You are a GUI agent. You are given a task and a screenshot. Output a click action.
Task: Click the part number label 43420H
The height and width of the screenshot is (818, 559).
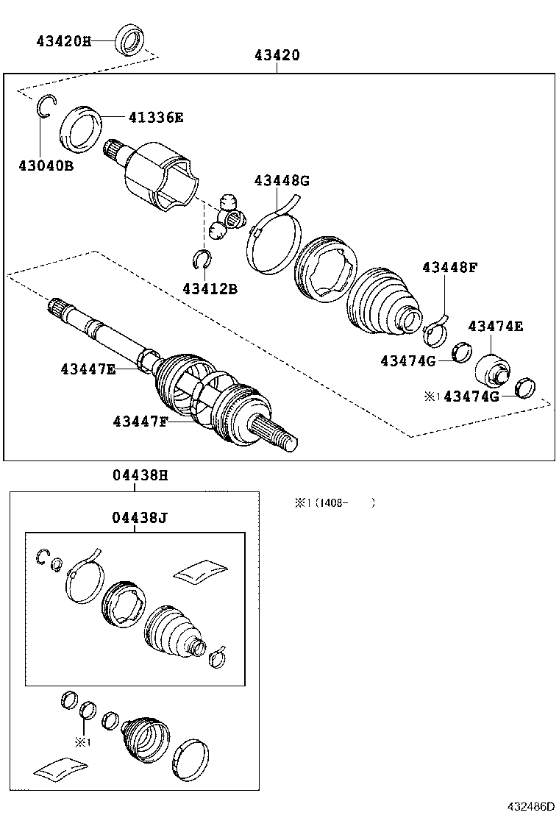[63, 41]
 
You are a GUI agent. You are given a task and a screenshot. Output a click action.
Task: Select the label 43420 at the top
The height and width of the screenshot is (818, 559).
[277, 55]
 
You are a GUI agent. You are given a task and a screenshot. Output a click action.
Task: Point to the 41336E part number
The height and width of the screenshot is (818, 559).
[155, 117]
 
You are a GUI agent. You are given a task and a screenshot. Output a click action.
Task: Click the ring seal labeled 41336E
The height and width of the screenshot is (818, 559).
[79, 128]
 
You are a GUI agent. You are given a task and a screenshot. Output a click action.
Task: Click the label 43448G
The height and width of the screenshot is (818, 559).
[282, 180]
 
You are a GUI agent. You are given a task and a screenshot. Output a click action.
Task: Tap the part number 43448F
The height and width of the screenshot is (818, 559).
[449, 267]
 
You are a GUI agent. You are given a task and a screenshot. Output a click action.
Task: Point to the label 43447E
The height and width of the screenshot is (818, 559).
[88, 369]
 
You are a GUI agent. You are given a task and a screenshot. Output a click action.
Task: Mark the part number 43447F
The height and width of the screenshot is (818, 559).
[140, 422]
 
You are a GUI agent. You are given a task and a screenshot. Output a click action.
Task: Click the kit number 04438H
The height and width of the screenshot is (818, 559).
[140, 476]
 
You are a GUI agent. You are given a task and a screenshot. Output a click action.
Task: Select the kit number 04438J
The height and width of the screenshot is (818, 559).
[140, 517]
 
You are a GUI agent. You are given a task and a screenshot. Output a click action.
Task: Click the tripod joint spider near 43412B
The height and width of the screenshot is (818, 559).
[227, 216]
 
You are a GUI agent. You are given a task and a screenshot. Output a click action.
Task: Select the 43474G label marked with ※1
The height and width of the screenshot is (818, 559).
[471, 396]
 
